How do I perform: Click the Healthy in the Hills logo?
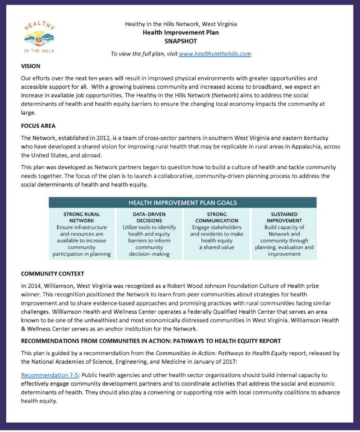click(39, 37)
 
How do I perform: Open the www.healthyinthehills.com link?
click(215, 54)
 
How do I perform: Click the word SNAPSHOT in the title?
click(181, 41)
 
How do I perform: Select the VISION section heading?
click(31, 66)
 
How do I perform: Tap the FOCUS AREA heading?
click(38, 126)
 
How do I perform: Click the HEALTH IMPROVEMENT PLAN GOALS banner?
click(183, 202)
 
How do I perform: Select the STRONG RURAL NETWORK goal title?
click(82, 217)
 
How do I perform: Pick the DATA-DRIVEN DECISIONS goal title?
click(149, 217)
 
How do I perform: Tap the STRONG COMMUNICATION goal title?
click(217, 217)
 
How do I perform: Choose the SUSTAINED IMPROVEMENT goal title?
click(284, 217)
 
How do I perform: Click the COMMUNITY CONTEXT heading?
click(52, 274)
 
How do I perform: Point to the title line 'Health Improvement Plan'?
click(181, 32)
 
